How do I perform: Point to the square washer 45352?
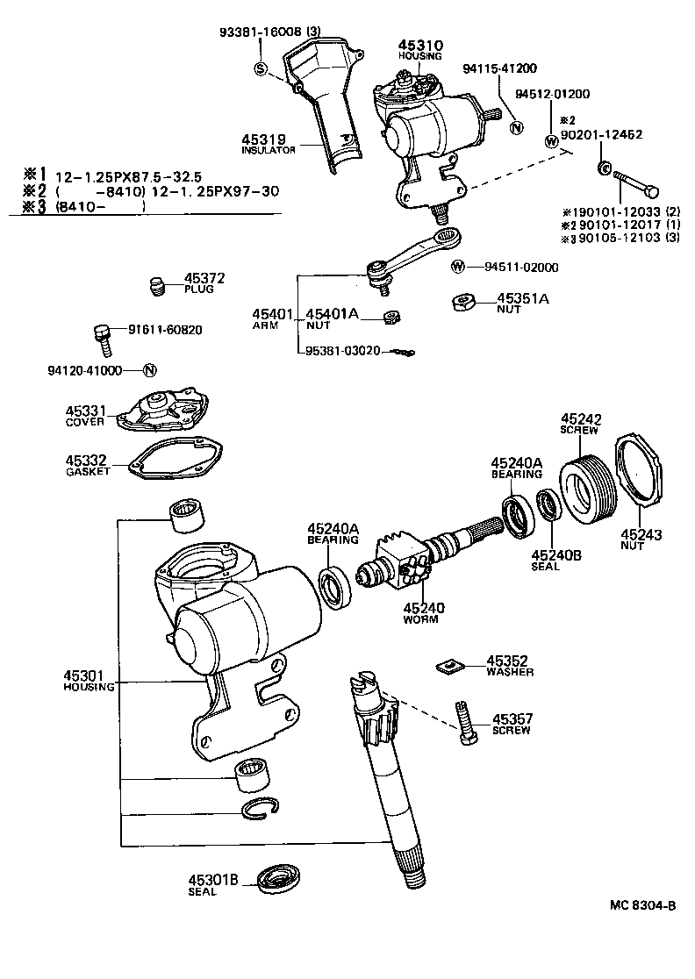coord(448,667)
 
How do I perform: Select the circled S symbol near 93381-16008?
coord(261,68)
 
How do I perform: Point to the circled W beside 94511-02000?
coord(458,268)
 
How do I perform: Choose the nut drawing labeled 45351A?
coord(463,303)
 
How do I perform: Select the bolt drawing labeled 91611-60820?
coord(102,337)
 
